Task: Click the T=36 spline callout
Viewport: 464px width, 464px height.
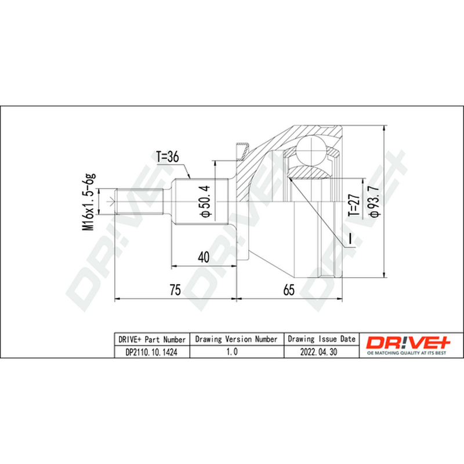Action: [168, 157]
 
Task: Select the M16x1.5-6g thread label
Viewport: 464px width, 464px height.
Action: [89, 202]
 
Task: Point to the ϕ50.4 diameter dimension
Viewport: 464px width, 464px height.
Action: [205, 201]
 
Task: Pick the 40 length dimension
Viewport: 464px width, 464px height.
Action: [204, 257]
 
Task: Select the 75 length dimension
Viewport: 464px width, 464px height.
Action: [175, 289]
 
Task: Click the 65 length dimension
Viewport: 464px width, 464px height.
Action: [289, 289]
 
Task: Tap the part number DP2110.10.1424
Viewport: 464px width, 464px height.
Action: [151, 352]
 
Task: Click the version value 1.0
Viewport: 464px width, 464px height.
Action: [232, 351]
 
